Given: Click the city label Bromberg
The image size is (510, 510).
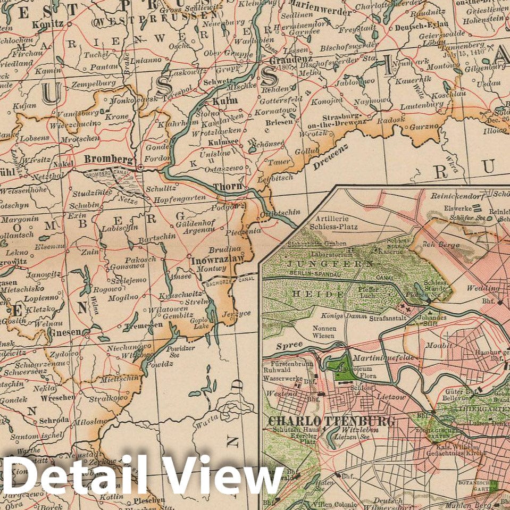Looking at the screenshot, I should click(x=108, y=158).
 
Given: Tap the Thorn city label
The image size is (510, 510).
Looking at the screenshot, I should click(x=228, y=187).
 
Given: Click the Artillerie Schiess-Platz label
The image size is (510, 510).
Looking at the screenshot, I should click(x=337, y=223).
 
